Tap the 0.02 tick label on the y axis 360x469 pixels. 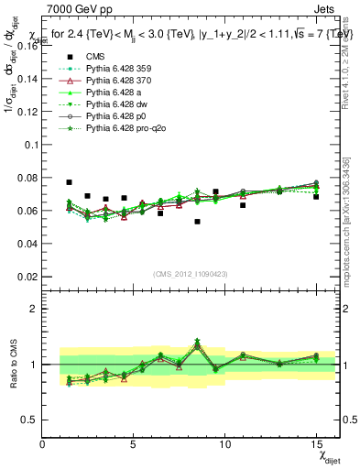(x=27, y=277)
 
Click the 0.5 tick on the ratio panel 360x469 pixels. (x=29, y=420)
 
